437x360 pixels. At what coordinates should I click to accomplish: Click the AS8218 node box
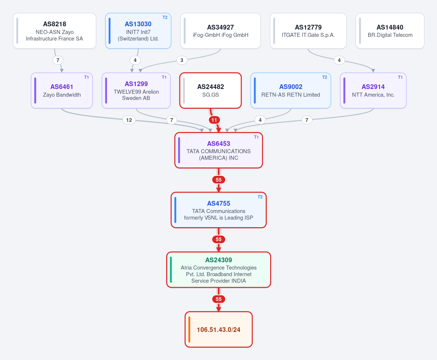55,31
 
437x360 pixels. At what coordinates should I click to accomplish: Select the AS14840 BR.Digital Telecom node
390,31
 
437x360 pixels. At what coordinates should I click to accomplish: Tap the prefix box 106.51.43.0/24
219,329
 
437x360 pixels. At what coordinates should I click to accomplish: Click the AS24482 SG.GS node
210,90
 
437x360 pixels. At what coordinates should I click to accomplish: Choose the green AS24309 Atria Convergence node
219,270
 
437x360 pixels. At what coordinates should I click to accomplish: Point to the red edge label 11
214,120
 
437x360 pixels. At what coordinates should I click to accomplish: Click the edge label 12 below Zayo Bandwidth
129,120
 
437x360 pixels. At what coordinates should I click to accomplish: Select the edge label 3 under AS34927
182,60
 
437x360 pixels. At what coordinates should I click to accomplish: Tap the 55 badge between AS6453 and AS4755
219,180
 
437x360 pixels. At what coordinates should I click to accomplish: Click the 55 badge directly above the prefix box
219,299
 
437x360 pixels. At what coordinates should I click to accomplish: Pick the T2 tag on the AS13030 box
165,18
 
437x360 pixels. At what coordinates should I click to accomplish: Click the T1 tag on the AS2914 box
400,77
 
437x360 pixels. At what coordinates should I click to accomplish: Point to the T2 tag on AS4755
260,197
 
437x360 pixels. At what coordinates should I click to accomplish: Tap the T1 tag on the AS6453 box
256,137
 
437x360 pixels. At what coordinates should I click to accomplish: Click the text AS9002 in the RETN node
291,87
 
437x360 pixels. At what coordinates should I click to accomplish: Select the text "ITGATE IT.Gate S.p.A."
308,35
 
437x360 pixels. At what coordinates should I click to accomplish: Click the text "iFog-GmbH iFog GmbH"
221,35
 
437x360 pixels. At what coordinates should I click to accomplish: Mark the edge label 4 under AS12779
339,60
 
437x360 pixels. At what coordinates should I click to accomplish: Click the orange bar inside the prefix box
189,329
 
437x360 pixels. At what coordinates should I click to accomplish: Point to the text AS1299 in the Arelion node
136,84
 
